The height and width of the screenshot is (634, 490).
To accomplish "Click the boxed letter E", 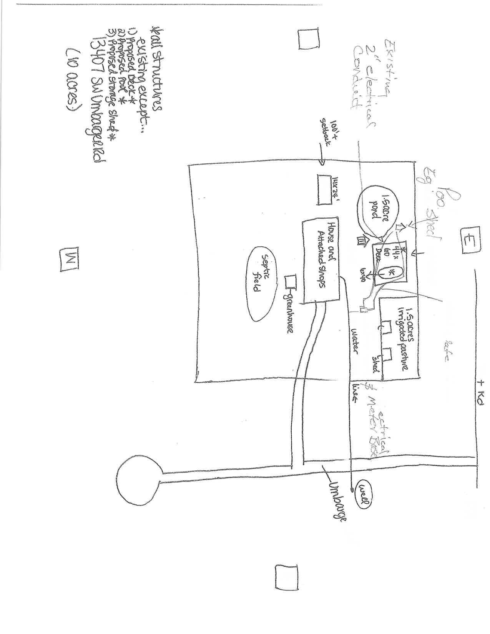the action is coord(468,241).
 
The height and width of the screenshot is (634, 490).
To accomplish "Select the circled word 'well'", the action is coord(363,494).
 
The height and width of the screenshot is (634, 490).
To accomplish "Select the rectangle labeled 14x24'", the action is coord(324,189).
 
